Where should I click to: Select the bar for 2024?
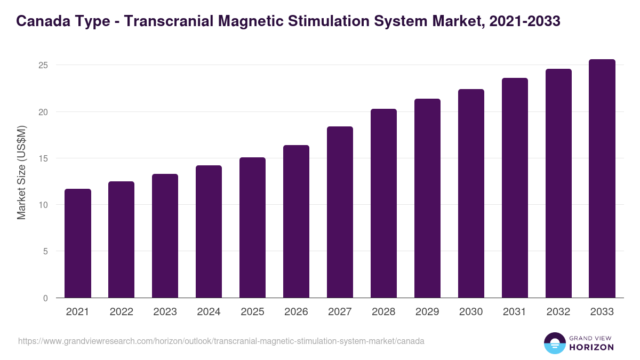[209, 231]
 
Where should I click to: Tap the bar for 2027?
[340, 212]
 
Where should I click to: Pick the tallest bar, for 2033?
[602, 179]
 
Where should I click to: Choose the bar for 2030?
[471, 194]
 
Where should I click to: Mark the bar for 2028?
[383, 203]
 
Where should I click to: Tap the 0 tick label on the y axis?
[46, 298]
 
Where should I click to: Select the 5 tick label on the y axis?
[46, 252]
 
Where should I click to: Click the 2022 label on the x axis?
[122, 312]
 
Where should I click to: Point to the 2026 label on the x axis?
[296, 312]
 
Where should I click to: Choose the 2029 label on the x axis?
[427, 312]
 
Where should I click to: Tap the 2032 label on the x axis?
[558, 312]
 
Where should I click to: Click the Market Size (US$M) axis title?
[21, 172]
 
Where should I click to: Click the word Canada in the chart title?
[41, 21]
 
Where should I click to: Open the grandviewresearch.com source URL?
[221, 341]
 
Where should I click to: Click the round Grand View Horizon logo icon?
[554, 343]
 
